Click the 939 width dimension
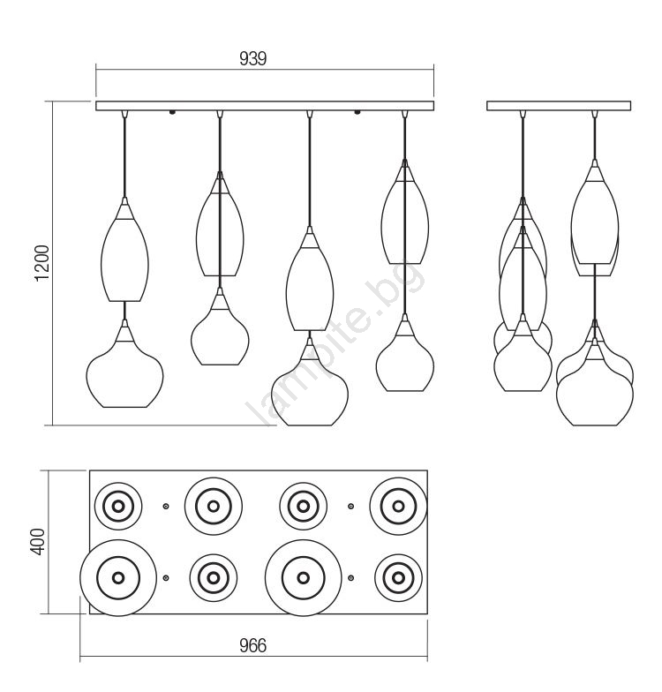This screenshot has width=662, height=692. pyautogui.click(x=252, y=58)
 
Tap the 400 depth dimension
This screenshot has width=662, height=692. pyautogui.click(x=39, y=542)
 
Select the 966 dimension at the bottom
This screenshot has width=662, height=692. pyautogui.click(x=252, y=645)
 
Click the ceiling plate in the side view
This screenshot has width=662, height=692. pyautogui.click(x=559, y=106)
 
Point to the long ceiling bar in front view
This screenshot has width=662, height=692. pyautogui.click(x=265, y=106)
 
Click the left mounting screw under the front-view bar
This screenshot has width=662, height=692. pyautogui.click(x=173, y=113)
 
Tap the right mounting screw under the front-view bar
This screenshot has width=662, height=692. pyautogui.click(x=357, y=113)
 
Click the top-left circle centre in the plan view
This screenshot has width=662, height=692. pyautogui.click(x=118, y=507)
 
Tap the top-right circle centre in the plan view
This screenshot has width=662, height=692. pyautogui.click(x=398, y=507)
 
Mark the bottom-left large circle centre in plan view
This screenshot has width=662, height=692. pyautogui.click(x=118, y=577)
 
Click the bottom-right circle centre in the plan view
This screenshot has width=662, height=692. pyautogui.click(x=398, y=577)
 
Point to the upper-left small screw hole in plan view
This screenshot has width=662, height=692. pyautogui.click(x=166, y=507)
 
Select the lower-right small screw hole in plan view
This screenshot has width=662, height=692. pyautogui.click(x=351, y=577)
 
